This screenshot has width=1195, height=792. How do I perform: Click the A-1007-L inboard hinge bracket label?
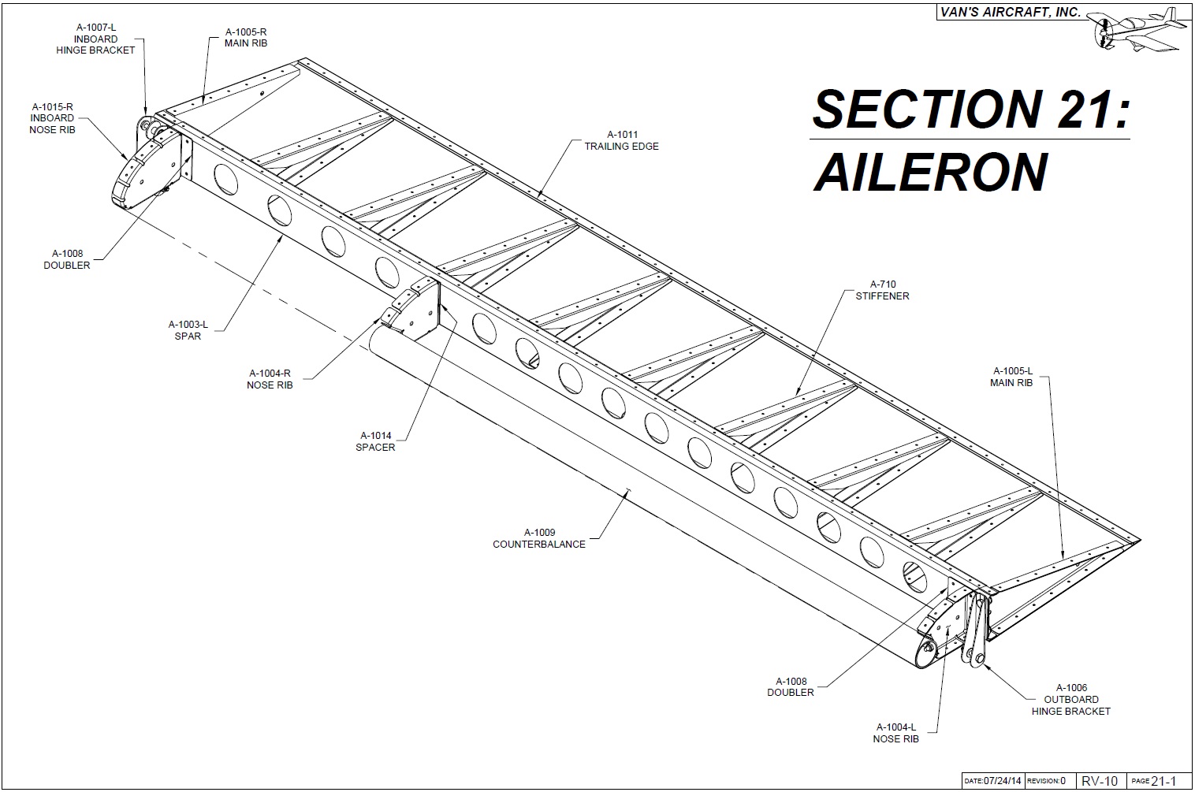(x=95, y=39)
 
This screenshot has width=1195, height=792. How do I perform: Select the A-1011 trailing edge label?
(x=621, y=140)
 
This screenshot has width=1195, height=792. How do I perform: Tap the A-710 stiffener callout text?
(x=882, y=290)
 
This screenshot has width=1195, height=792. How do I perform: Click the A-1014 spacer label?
(x=375, y=441)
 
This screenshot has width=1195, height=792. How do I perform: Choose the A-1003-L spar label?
(x=188, y=330)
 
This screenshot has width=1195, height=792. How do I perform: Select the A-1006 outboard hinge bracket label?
(x=1070, y=699)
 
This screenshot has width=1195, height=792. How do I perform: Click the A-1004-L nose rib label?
(x=895, y=733)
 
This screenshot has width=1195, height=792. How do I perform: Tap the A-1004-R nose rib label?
(x=270, y=379)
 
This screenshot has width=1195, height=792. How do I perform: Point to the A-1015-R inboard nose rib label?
(x=52, y=118)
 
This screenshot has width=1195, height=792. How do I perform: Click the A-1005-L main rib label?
(x=1011, y=377)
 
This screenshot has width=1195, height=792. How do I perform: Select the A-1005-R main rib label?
(x=246, y=37)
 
